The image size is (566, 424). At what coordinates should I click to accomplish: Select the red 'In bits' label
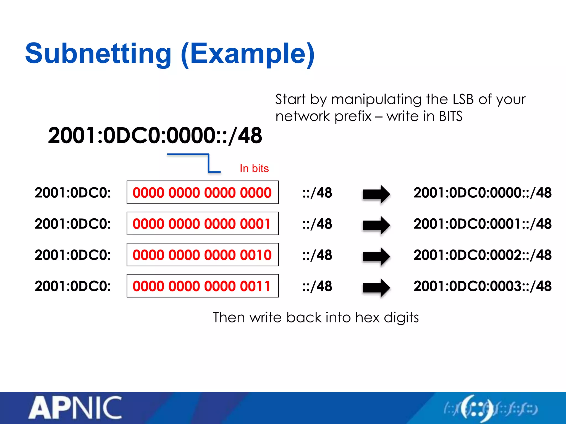pos(254,168)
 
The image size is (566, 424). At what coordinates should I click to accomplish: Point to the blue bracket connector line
pos(208,163)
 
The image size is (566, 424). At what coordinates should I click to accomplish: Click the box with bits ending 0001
pos(203,224)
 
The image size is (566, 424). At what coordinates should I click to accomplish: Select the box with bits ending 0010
pos(203,255)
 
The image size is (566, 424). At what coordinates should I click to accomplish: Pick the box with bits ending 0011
pos(203,286)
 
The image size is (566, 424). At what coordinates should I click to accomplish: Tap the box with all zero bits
pos(203,192)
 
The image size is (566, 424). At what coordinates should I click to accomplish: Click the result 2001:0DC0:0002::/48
pos(482,255)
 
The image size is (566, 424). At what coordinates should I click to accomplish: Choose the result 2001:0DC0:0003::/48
pos(482,286)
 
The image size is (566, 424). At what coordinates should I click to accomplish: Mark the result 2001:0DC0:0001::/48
pos(482,224)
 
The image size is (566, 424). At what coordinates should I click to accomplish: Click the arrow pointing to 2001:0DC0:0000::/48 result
pos(376,194)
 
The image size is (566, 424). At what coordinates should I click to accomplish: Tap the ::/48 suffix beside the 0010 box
pos(317,255)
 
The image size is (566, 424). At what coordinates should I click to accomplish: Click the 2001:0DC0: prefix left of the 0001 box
pos(72,224)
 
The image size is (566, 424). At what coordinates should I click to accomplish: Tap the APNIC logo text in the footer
pos(75,408)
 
